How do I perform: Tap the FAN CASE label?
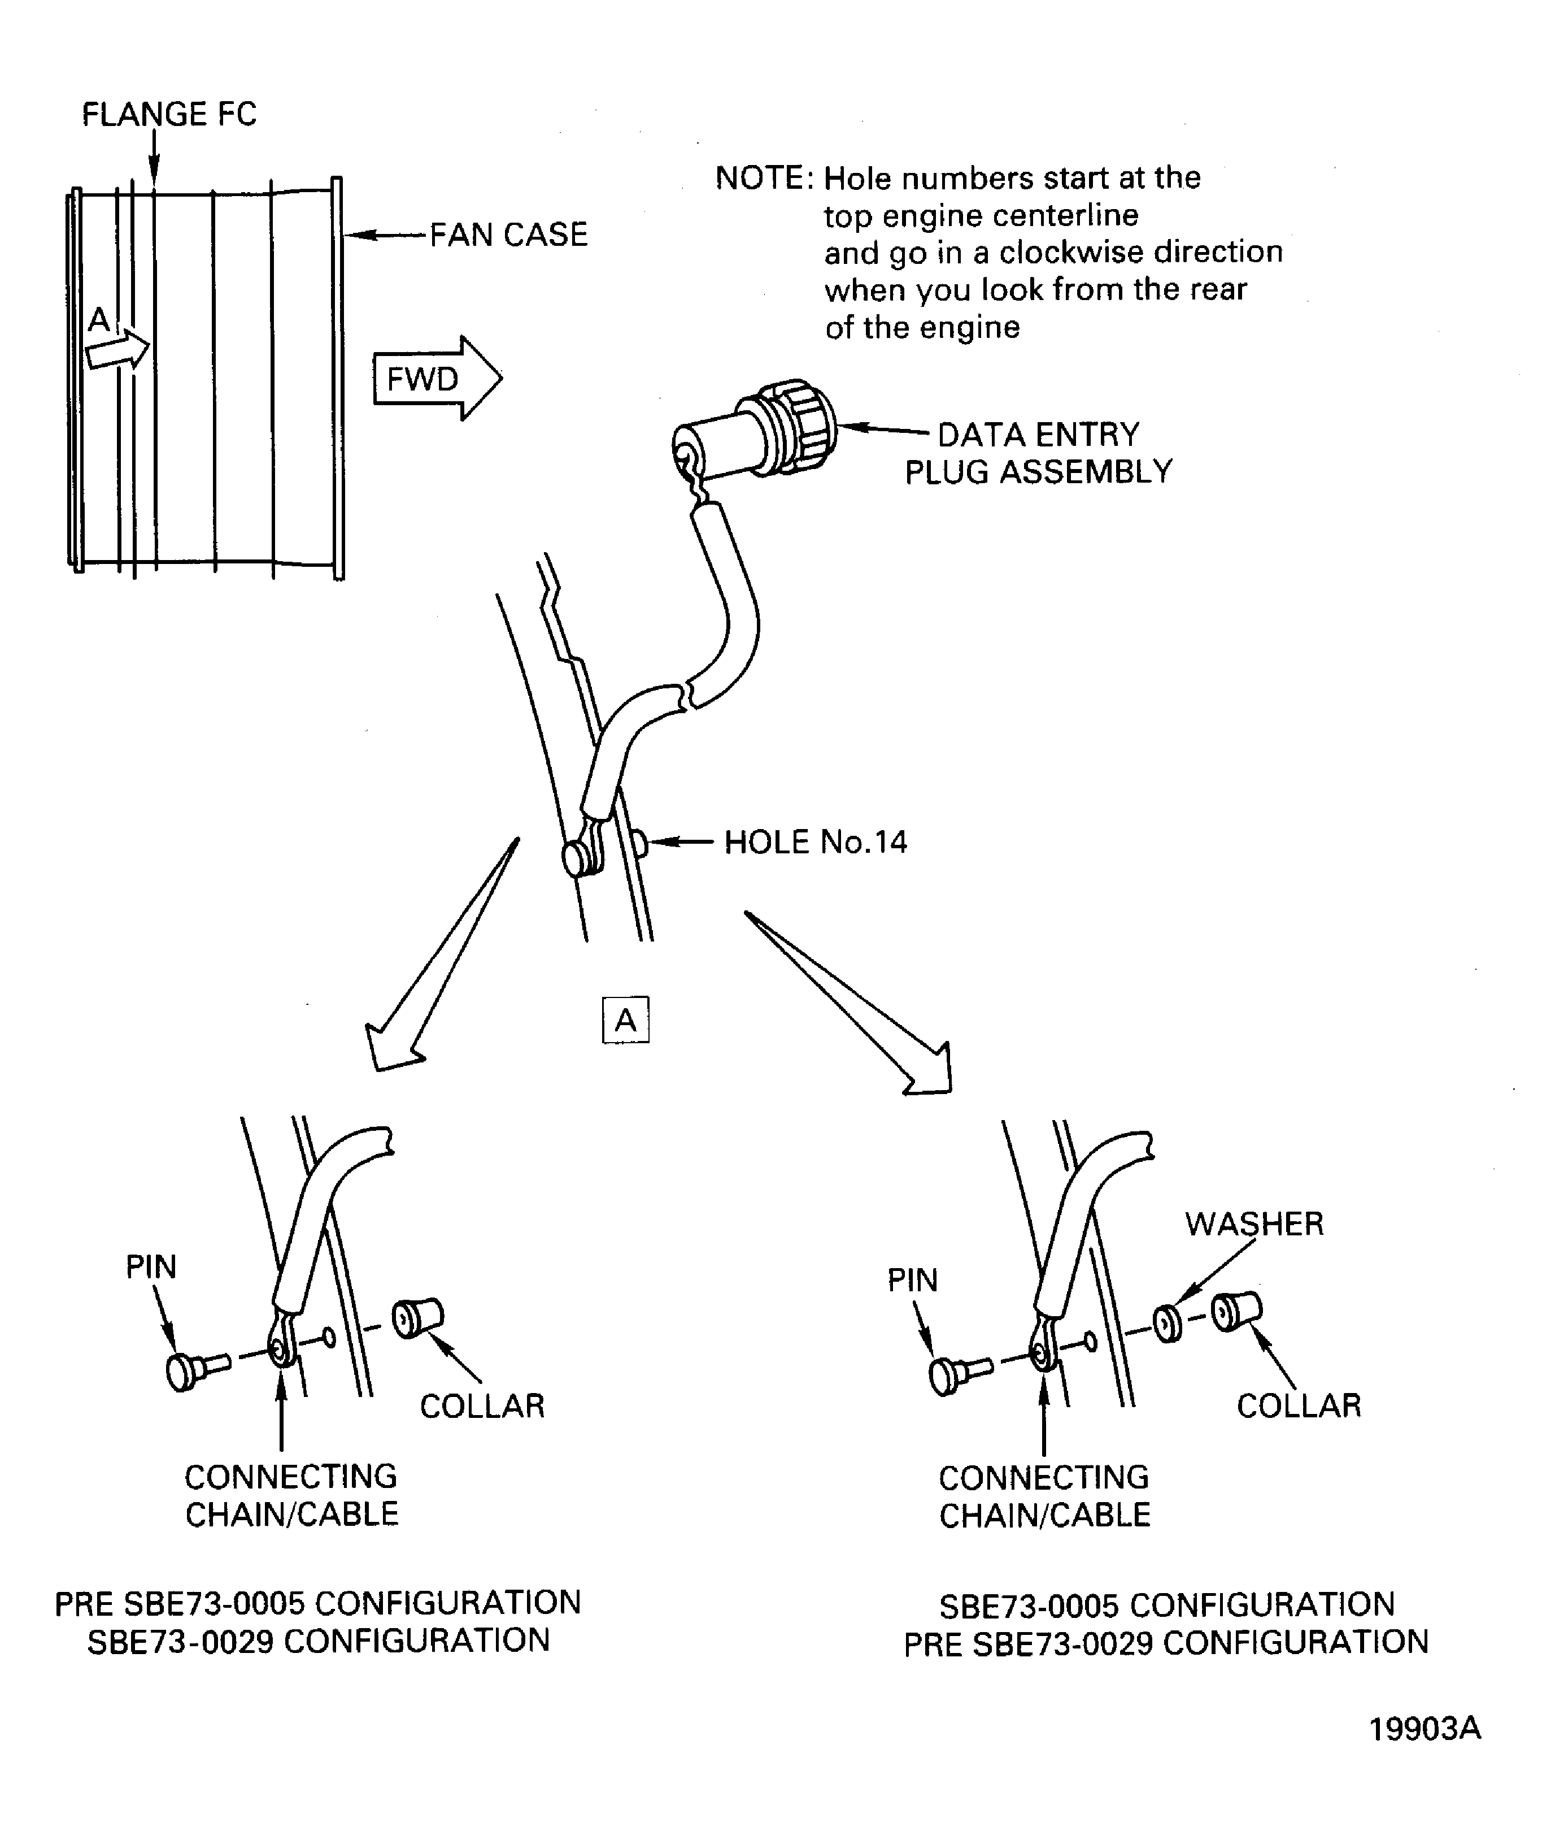click(508, 235)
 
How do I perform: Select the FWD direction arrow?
click(436, 379)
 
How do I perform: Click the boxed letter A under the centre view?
click(625, 1019)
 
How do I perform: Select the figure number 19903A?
click(1425, 1728)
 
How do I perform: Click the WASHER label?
click(1253, 1223)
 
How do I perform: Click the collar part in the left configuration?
click(417, 1318)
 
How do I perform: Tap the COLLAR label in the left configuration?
click(482, 1406)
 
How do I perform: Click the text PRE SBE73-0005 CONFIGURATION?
click(317, 1603)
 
